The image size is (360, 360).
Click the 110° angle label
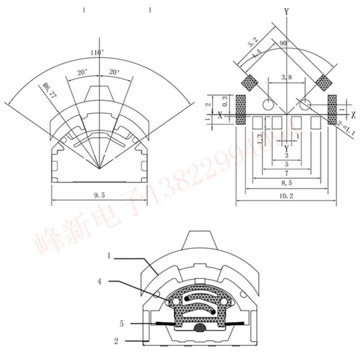pyautogui.click(x=98, y=53)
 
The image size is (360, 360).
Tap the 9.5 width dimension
pyautogui.click(x=99, y=195)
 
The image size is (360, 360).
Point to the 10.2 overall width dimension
pyautogui.click(x=286, y=196)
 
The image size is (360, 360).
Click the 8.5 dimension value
pyautogui.click(x=286, y=183)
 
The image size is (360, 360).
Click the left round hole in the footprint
pyautogui.click(x=268, y=105)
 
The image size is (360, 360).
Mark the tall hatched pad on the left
pyautogui.click(x=240, y=110)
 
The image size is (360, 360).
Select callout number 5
pyautogui.click(x=122, y=324)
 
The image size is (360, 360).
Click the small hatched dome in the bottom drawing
pyautogui.click(x=199, y=327)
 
